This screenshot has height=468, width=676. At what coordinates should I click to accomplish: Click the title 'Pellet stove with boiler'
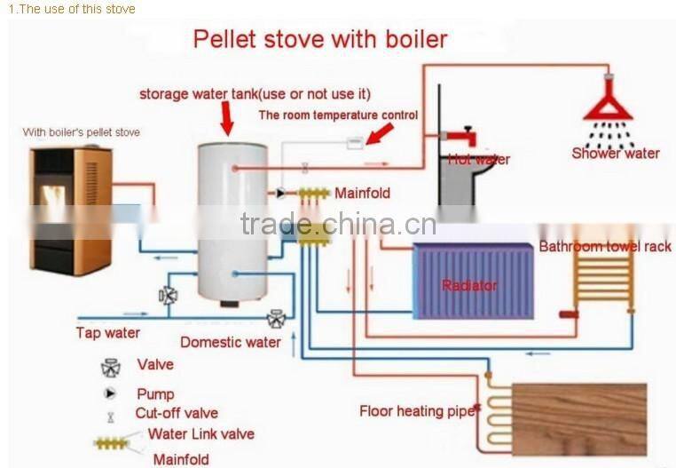(320, 39)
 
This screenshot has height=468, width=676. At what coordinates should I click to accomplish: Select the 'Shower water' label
(616, 153)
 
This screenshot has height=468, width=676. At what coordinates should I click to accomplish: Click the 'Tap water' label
(107, 333)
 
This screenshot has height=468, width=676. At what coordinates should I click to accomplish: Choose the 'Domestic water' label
(231, 342)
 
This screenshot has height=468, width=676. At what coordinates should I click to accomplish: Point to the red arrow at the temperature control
(381, 134)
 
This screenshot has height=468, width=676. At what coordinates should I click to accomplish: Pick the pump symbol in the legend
(111, 393)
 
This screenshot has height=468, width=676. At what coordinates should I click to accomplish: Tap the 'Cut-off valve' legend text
(177, 413)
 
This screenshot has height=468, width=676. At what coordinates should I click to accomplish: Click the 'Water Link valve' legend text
(201, 434)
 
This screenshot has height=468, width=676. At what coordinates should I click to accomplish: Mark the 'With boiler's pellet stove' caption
(82, 132)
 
